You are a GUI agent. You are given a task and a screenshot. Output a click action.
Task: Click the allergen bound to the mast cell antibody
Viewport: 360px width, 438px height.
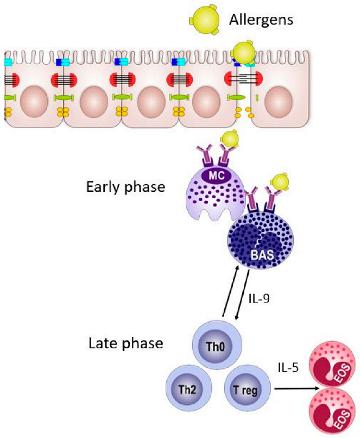pos(230,139)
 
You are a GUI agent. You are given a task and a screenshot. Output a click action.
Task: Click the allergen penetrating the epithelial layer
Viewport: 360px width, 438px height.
pos(243,53)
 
